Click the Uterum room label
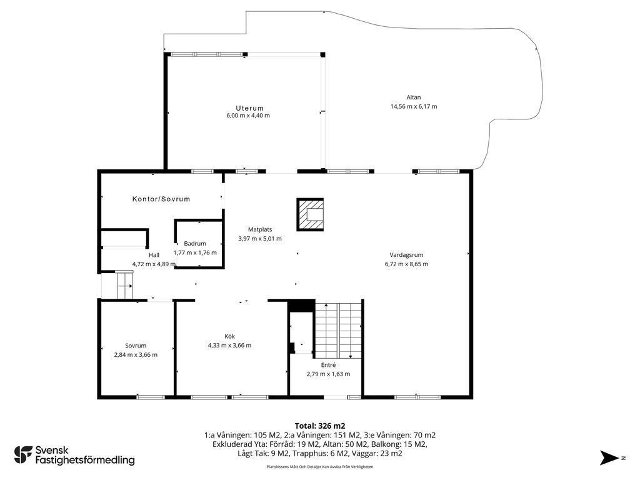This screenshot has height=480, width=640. pyautogui.click(x=249, y=108)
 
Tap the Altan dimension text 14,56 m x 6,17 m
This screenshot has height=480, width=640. pyautogui.click(x=414, y=106)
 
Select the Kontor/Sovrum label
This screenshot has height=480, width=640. pyautogui.click(x=161, y=199)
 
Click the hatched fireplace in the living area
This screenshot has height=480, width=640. pyautogui.click(x=310, y=214)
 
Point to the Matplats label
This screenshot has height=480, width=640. pyautogui.click(x=260, y=229)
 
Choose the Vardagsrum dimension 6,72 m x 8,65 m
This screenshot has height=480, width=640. pyautogui.click(x=406, y=264)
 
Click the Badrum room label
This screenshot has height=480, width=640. pyautogui.click(x=195, y=243)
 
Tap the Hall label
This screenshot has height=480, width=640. pyautogui.click(x=154, y=255)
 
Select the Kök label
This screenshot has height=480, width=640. pyautogui.click(x=230, y=336)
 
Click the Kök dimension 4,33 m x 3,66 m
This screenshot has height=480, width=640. pyautogui.click(x=230, y=345)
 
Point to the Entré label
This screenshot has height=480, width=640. pyautogui.click(x=328, y=365)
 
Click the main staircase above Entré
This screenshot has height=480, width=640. pyautogui.click(x=338, y=330)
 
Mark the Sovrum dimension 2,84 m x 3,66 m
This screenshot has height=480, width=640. pyautogui.click(x=136, y=355)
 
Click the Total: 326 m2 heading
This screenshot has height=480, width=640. pyautogui.click(x=320, y=426)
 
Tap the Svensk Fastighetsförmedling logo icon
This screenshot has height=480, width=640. pyautogui.click(x=23, y=455)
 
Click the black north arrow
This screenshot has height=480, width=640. pyautogui.click(x=609, y=457)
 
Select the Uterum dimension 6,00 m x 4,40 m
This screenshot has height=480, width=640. pyautogui.click(x=248, y=116)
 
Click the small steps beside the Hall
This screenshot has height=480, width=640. pyautogui.click(x=124, y=284)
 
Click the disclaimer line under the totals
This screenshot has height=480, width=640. pyautogui.click(x=319, y=466)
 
